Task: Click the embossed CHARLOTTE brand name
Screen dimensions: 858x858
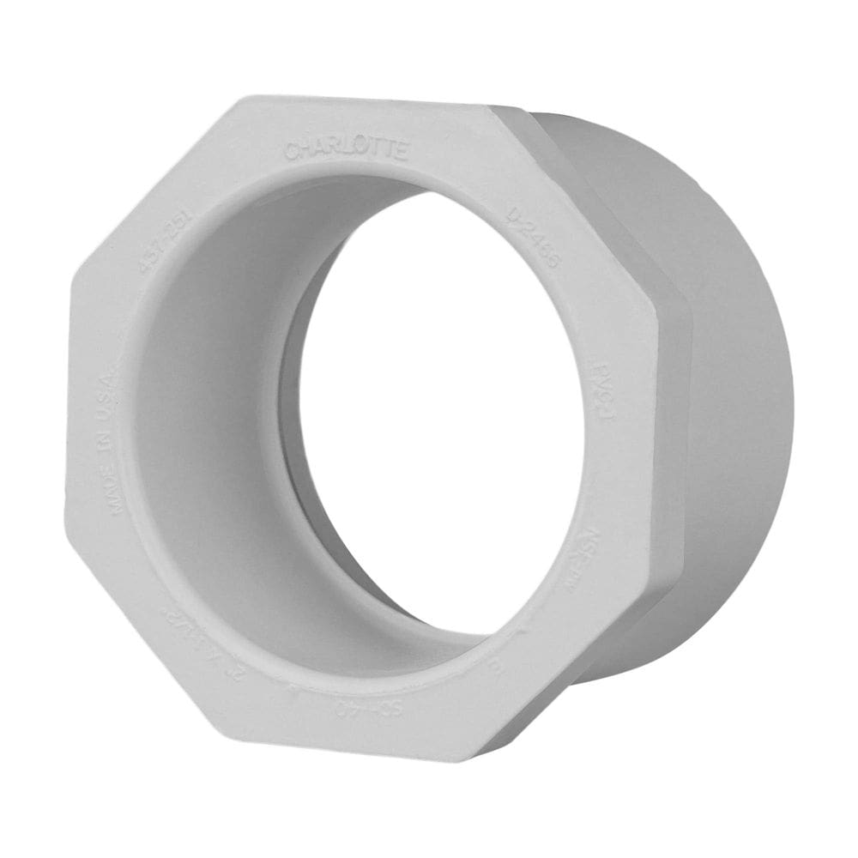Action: click(346, 150)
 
